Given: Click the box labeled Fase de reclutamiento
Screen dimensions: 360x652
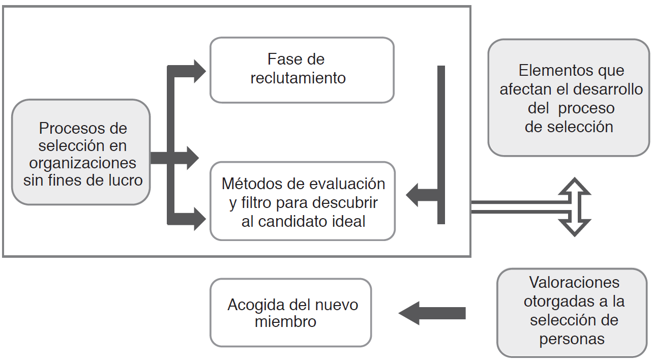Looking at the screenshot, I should click(x=302, y=70).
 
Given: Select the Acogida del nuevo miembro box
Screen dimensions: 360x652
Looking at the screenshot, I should click(x=290, y=313).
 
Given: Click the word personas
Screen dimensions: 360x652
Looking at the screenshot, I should click(x=572, y=339).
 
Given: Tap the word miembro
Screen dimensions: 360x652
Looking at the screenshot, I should click(x=285, y=322).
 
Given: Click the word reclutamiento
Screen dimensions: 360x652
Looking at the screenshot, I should click(x=298, y=78).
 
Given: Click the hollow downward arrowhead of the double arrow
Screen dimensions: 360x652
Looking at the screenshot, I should click(x=574, y=227).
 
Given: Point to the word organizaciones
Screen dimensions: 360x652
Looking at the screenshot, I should click(x=83, y=163).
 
